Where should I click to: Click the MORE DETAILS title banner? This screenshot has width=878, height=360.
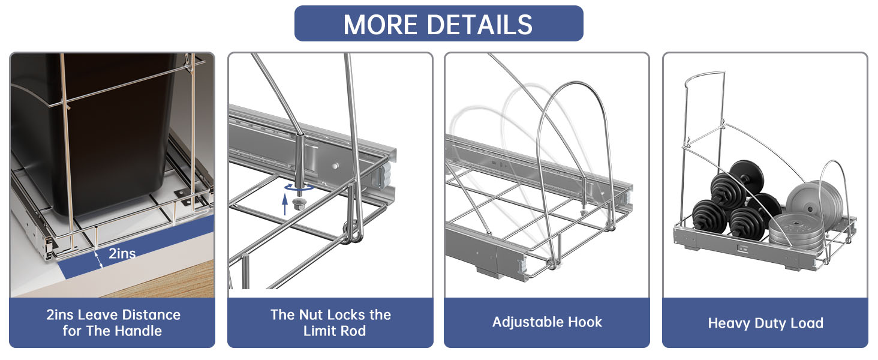(438, 24)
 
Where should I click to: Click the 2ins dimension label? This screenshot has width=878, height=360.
(122, 253)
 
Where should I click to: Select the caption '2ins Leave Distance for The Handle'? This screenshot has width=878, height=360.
(112, 323)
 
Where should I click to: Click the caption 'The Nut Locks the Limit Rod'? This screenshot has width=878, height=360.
(330, 323)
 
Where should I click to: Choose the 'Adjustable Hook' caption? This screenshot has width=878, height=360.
(547, 322)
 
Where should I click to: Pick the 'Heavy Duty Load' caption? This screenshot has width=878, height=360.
(765, 323)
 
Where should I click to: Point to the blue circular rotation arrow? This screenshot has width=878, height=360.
(298, 188)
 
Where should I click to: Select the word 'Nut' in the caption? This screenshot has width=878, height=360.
(312, 315)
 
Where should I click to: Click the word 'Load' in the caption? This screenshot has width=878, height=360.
(806, 323)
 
